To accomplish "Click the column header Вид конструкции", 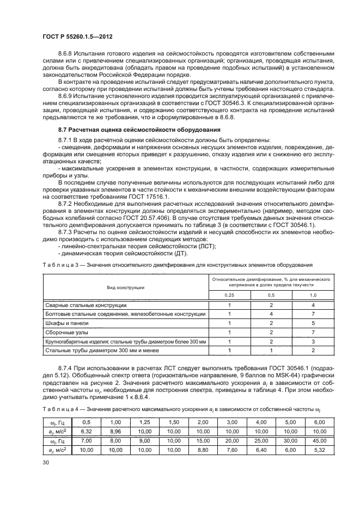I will [x=125, y=286].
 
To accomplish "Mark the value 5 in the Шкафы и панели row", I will [x=313, y=323].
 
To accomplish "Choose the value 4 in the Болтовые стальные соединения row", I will [x=271, y=314].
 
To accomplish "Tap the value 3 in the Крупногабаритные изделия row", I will [x=313, y=341].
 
